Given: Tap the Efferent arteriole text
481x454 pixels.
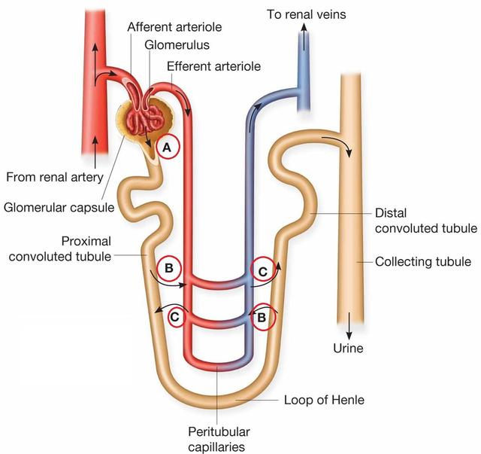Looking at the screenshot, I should point(213,66).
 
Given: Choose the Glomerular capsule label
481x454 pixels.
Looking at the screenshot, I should point(61,206).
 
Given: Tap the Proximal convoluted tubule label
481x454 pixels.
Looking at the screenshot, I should point(68,248).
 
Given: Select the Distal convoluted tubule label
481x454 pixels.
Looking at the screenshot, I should point(425,221).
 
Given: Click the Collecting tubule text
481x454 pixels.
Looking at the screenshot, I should point(423,262).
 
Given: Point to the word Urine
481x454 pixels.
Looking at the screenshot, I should point(348,348).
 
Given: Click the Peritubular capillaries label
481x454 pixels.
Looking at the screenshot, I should point(219,439).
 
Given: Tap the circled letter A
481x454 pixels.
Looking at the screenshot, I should point(169,148).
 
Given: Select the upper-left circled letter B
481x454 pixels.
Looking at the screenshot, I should point(170,267).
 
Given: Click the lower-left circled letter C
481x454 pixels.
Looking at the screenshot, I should point(175,317).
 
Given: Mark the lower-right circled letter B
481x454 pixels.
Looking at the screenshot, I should point(262,317).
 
